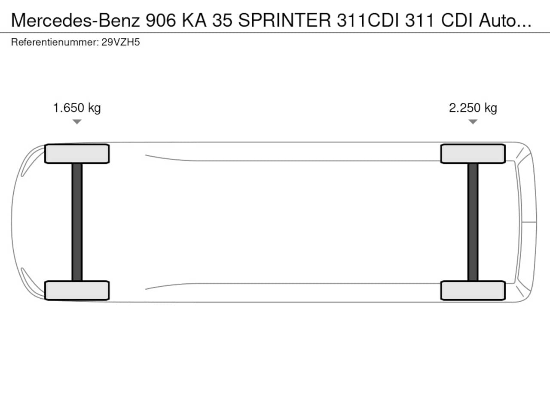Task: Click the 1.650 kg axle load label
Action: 77,108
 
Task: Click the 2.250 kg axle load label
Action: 473,108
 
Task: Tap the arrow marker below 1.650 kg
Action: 77,122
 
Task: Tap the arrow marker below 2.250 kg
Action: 473,122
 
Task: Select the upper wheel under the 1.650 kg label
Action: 77,154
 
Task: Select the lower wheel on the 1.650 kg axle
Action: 77,291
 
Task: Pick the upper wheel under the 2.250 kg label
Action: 473,154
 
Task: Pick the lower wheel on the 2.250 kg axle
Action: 473,291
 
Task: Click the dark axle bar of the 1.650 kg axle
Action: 77,222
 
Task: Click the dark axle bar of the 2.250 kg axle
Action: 473,222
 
